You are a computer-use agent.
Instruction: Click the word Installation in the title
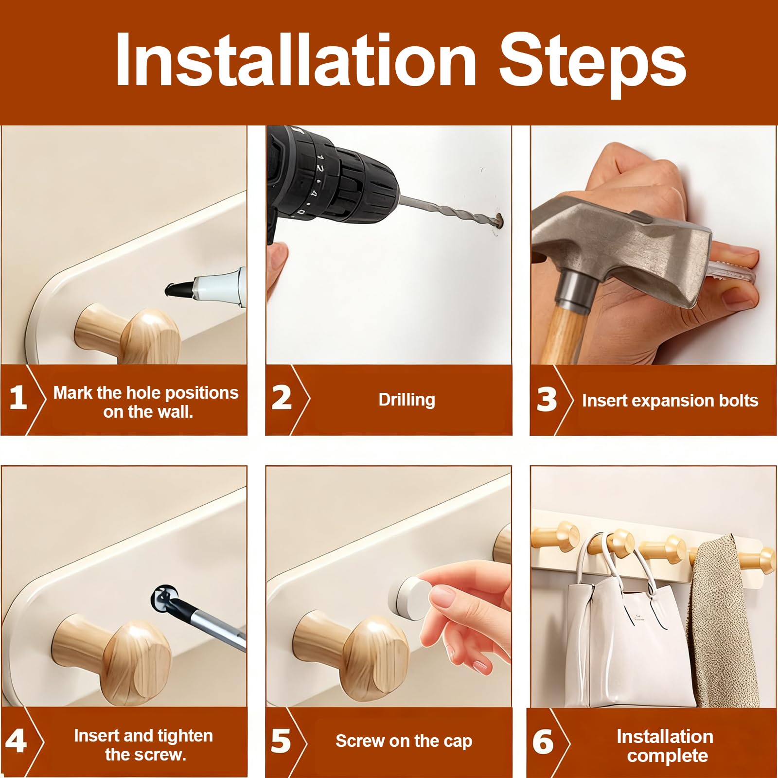296,61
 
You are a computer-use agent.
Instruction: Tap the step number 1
18,398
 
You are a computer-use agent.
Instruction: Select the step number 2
281,398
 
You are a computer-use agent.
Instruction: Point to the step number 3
546,400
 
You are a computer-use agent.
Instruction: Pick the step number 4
16,741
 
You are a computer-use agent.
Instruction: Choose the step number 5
281,741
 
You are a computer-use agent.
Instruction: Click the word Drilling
407,400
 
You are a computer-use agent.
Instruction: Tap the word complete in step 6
668,757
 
